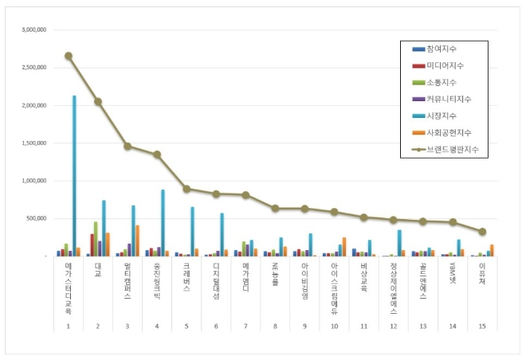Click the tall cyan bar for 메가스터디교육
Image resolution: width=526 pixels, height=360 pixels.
point(74,175)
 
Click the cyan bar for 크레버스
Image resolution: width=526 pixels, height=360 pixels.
point(192,232)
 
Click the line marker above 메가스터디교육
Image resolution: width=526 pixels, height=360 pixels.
point(69,56)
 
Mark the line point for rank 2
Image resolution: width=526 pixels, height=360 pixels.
point(98,101)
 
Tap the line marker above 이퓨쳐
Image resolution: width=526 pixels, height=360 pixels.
point(481,232)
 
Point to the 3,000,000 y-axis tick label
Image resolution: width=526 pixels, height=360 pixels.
point(32,30)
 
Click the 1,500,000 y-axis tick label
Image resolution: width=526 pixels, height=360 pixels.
point(32,143)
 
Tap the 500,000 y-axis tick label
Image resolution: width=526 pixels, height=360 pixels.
point(35,218)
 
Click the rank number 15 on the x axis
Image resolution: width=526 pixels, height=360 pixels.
point(481,325)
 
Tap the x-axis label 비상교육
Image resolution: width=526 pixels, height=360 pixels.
point(363,279)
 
